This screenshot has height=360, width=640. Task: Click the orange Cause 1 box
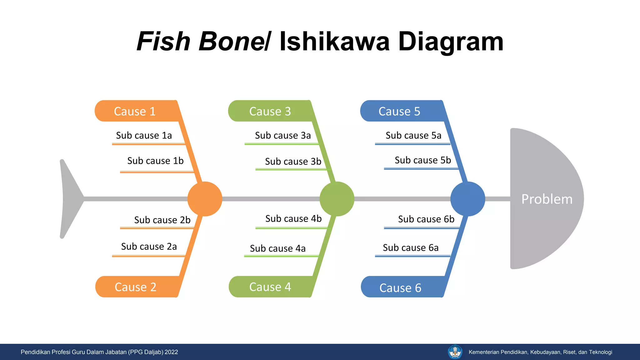pyautogui.click(x=135, y=111)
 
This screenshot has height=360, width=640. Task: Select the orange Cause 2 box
pyautogui.click(x=136, y=287)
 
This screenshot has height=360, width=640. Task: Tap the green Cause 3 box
pyautogui.click(x=270, y=111)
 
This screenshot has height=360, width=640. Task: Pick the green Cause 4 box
pyautogui.click(x=270, y=287)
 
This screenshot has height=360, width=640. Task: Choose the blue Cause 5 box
pyautogui.click(x=399, y=111)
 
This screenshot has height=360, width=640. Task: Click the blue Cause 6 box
pyautogui.click(x=400, y=287)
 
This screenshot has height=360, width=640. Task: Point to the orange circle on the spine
pyautogui.click(x=205, y=199)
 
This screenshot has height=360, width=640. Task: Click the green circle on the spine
pyautogui.click(x=337, y=199)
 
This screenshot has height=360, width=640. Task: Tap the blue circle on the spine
pyautogui.click(x=467, y=199)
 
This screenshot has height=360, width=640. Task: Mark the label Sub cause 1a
pyautogui.click(x=144, y=135)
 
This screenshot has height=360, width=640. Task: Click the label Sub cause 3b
pyautogui.click(x=293, y=161)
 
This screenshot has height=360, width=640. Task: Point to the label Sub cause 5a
pyautogui.click(x=413, y=135)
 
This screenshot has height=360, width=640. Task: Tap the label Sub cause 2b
pyautogui.click(x=162, y=220)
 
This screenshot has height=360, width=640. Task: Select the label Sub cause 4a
pyautogui.click(x=278, y=248)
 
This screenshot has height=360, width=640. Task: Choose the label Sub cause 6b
pyautogui.click(x=426, y=219)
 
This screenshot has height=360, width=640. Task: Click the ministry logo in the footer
pyautogui.click(x=455, y=352)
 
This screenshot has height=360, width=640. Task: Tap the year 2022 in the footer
pyautogui.click(x=171, y=352)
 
